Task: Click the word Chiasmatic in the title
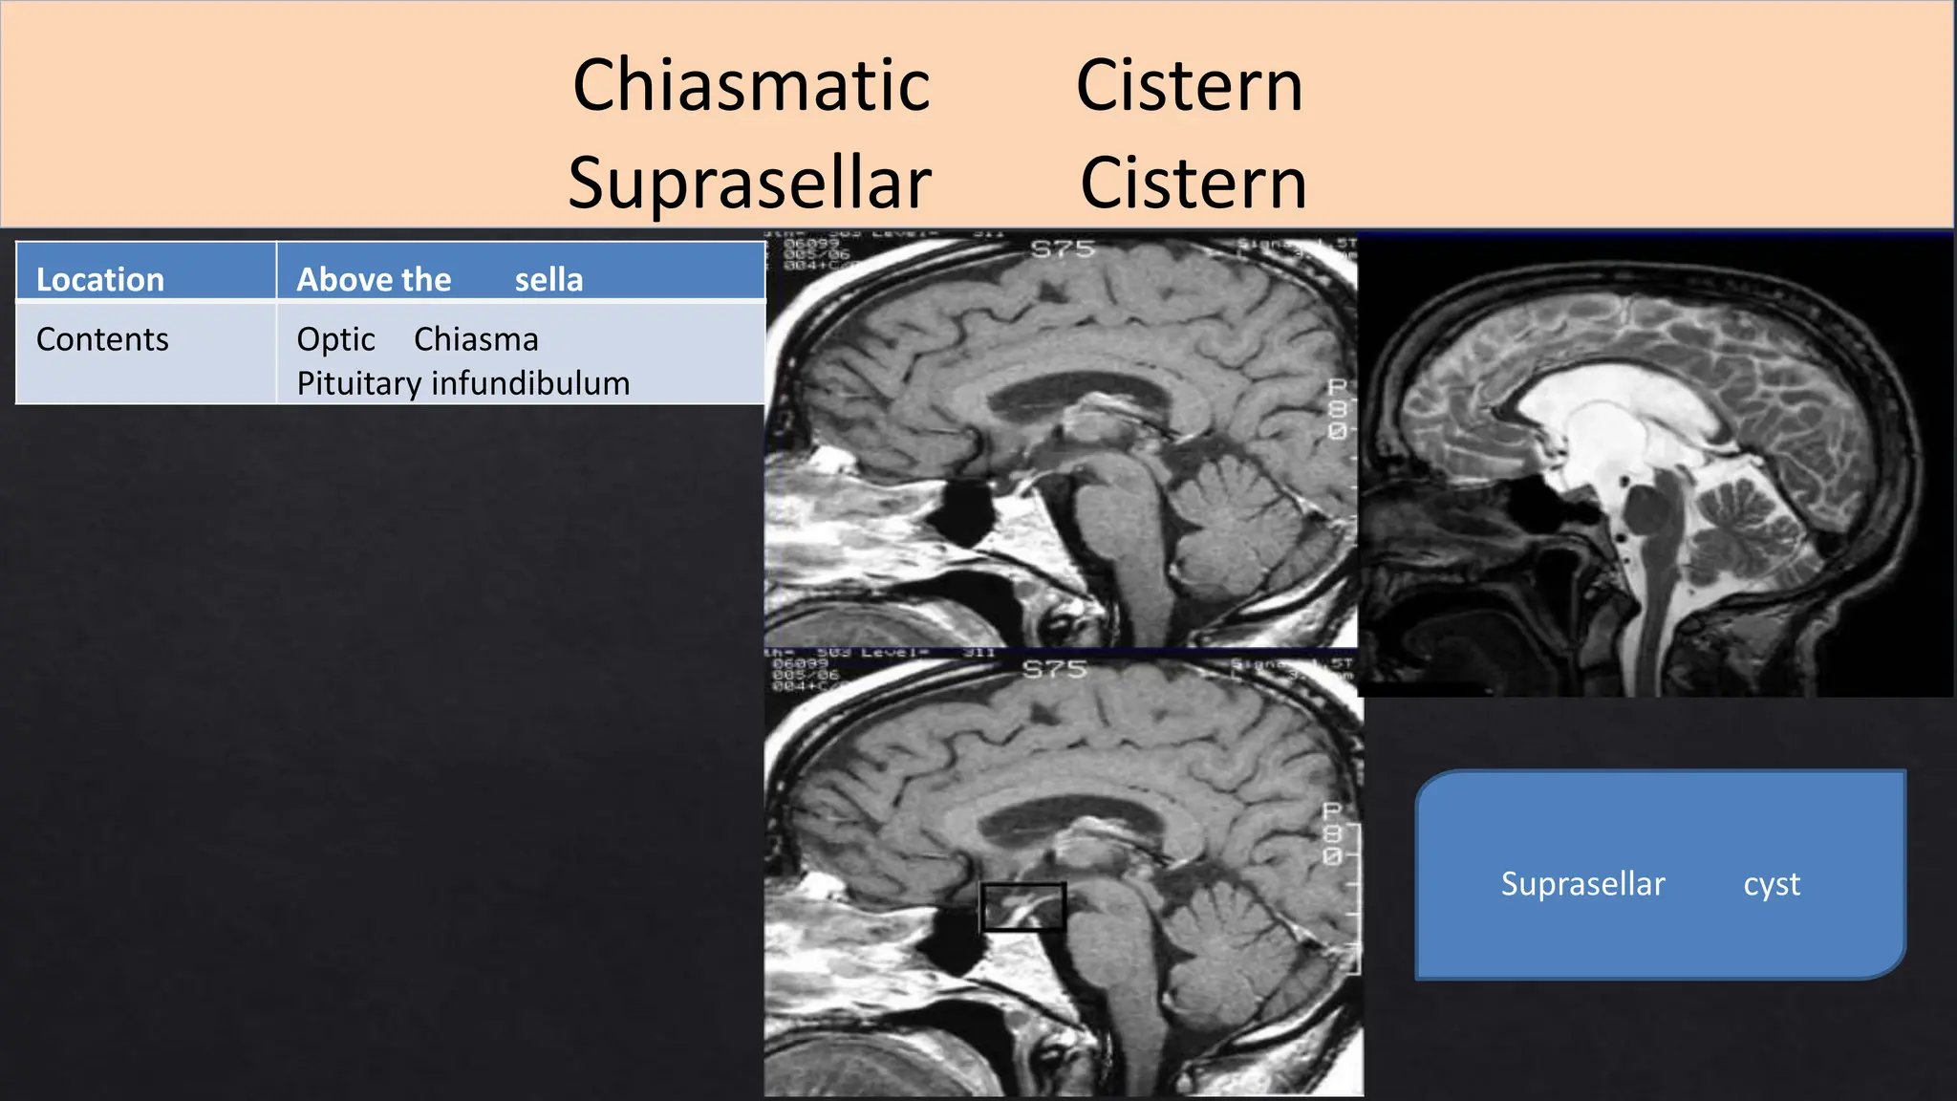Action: point(751,85)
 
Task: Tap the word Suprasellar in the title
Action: point(749,183)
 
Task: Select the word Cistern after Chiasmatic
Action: point(1189,85)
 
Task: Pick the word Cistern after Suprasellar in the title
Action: point(1193,183)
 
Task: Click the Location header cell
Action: point(100,279)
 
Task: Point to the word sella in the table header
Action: point(548,279)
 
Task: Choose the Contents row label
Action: point(102,339)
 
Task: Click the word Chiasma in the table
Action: point(476,339)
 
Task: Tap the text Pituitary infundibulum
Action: point(463,383)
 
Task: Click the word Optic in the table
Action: point(335,339)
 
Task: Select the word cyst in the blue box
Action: point(1772,884)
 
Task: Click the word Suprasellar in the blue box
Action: point(1582,884)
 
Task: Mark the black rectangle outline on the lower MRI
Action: point(1022,906)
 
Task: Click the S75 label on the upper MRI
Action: point(1062,249)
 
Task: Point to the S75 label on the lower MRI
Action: point(1055,669)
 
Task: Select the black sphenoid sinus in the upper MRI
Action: point(965,511)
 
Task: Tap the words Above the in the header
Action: point(374,279)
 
